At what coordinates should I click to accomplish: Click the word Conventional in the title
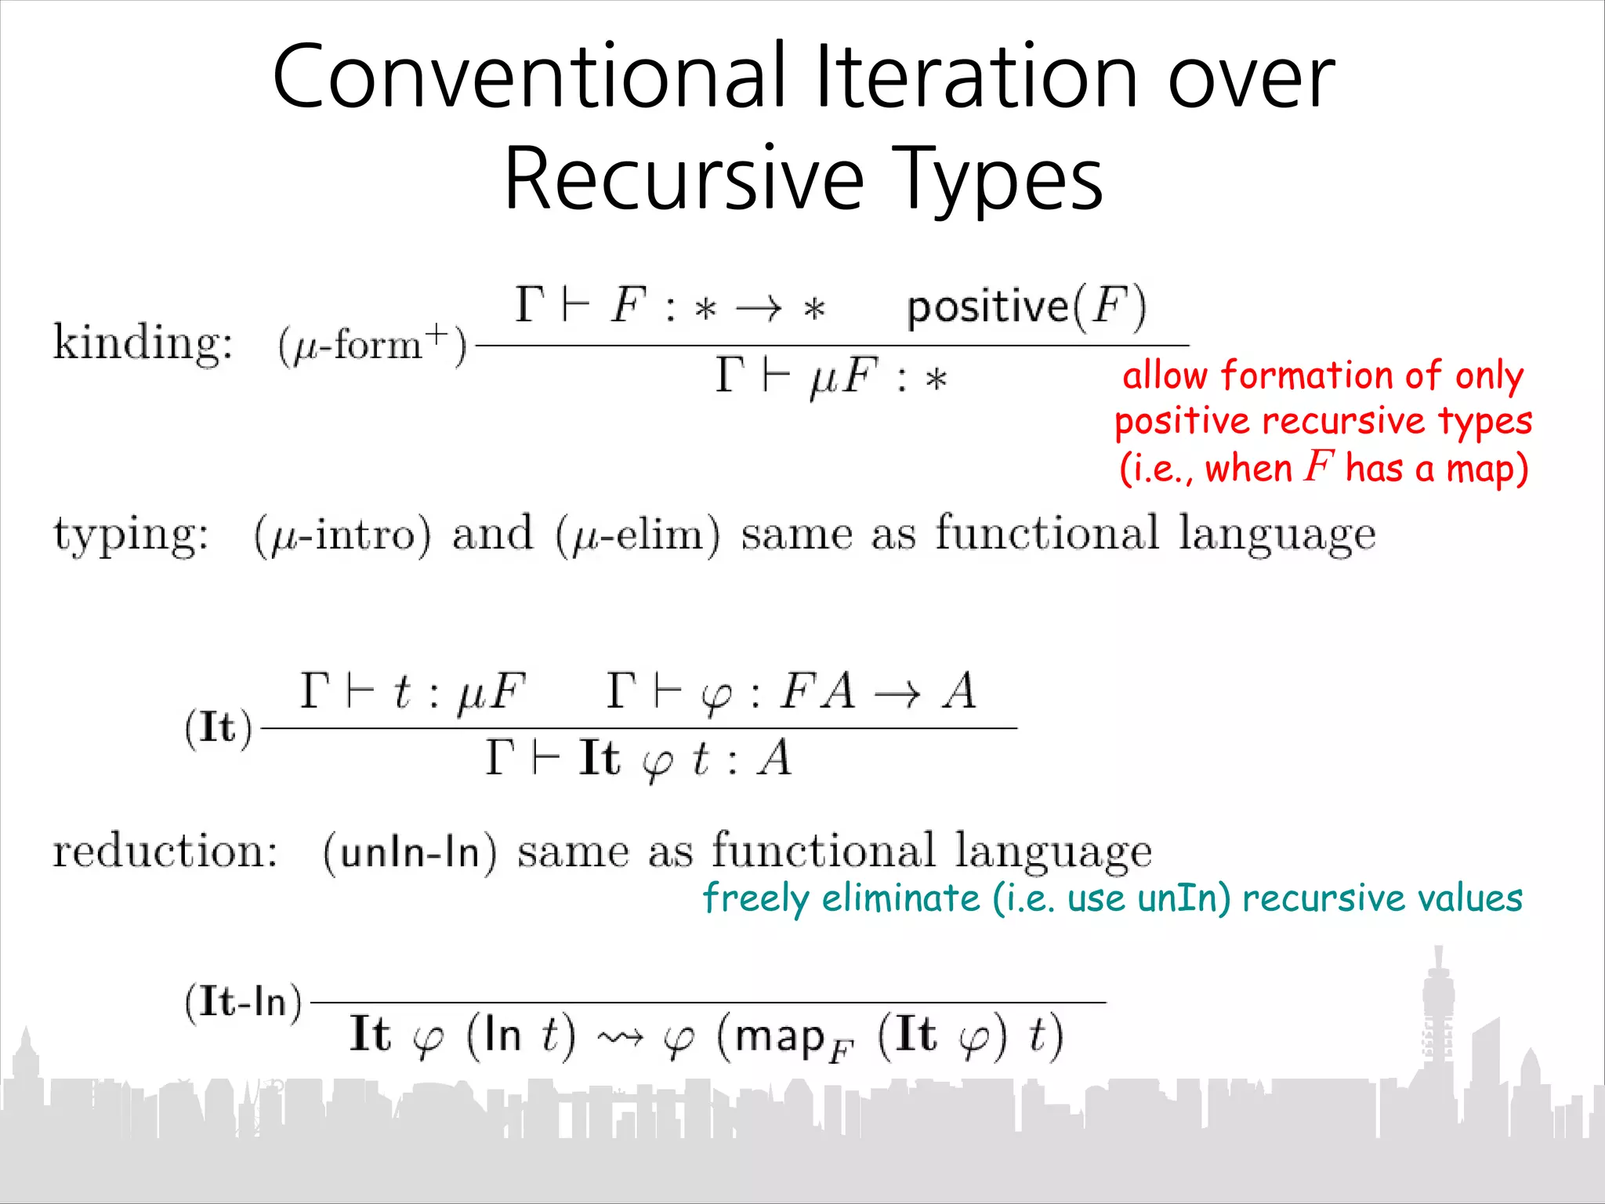point(530,77)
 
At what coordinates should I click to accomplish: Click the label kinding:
point(143,343)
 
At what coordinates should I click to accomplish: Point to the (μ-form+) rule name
point(372,344)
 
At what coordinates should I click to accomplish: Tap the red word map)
point(1487,469)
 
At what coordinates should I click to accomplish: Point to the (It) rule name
point(219,727)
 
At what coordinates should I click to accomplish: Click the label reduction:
point(165,851)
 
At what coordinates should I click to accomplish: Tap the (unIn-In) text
point(410,852)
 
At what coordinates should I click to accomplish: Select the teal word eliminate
point(900,898)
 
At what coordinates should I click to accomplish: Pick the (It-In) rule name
point(243,1002)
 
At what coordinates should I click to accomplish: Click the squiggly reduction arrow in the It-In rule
point(620,1038)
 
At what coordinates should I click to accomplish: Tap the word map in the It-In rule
point(781,1036)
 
